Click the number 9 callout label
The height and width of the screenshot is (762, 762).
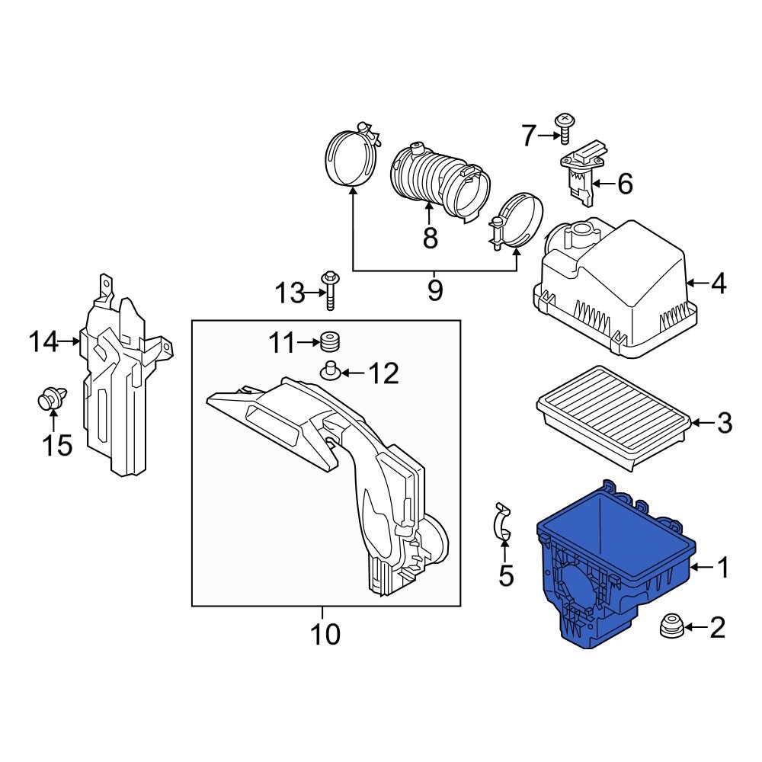434,290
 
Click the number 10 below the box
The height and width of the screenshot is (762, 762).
325,633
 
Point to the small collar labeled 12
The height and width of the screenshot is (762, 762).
331,371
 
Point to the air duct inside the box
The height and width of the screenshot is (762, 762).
335,472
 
